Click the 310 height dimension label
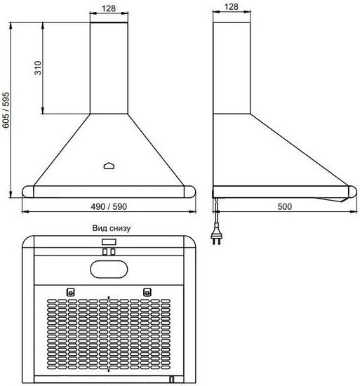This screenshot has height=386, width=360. point(38,68)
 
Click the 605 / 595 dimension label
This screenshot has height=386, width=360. point(6,110)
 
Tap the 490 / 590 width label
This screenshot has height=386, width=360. point(109,206)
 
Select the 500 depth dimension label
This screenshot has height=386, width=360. point(284,206)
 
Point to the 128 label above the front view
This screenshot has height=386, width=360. point(109,8)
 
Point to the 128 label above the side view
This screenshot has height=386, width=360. point(232,6)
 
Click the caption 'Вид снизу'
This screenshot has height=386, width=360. point(111,228)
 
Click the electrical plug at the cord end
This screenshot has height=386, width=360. point(217,236)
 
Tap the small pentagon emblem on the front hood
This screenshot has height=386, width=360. point(109,166)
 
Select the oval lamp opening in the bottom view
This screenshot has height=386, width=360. point(109,269)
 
